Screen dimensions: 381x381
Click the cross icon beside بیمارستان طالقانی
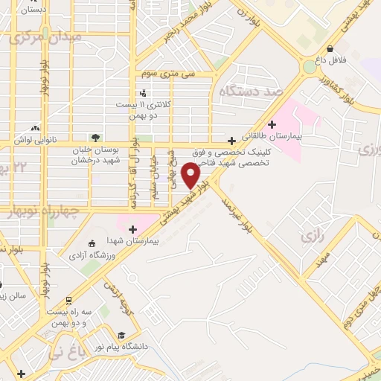point(272,124)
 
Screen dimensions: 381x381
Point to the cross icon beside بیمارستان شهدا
point(133,229)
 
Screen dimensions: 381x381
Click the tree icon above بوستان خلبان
point(95,137)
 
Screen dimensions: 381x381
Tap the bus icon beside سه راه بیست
point(68,300)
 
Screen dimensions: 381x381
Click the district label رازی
point(311,237)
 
